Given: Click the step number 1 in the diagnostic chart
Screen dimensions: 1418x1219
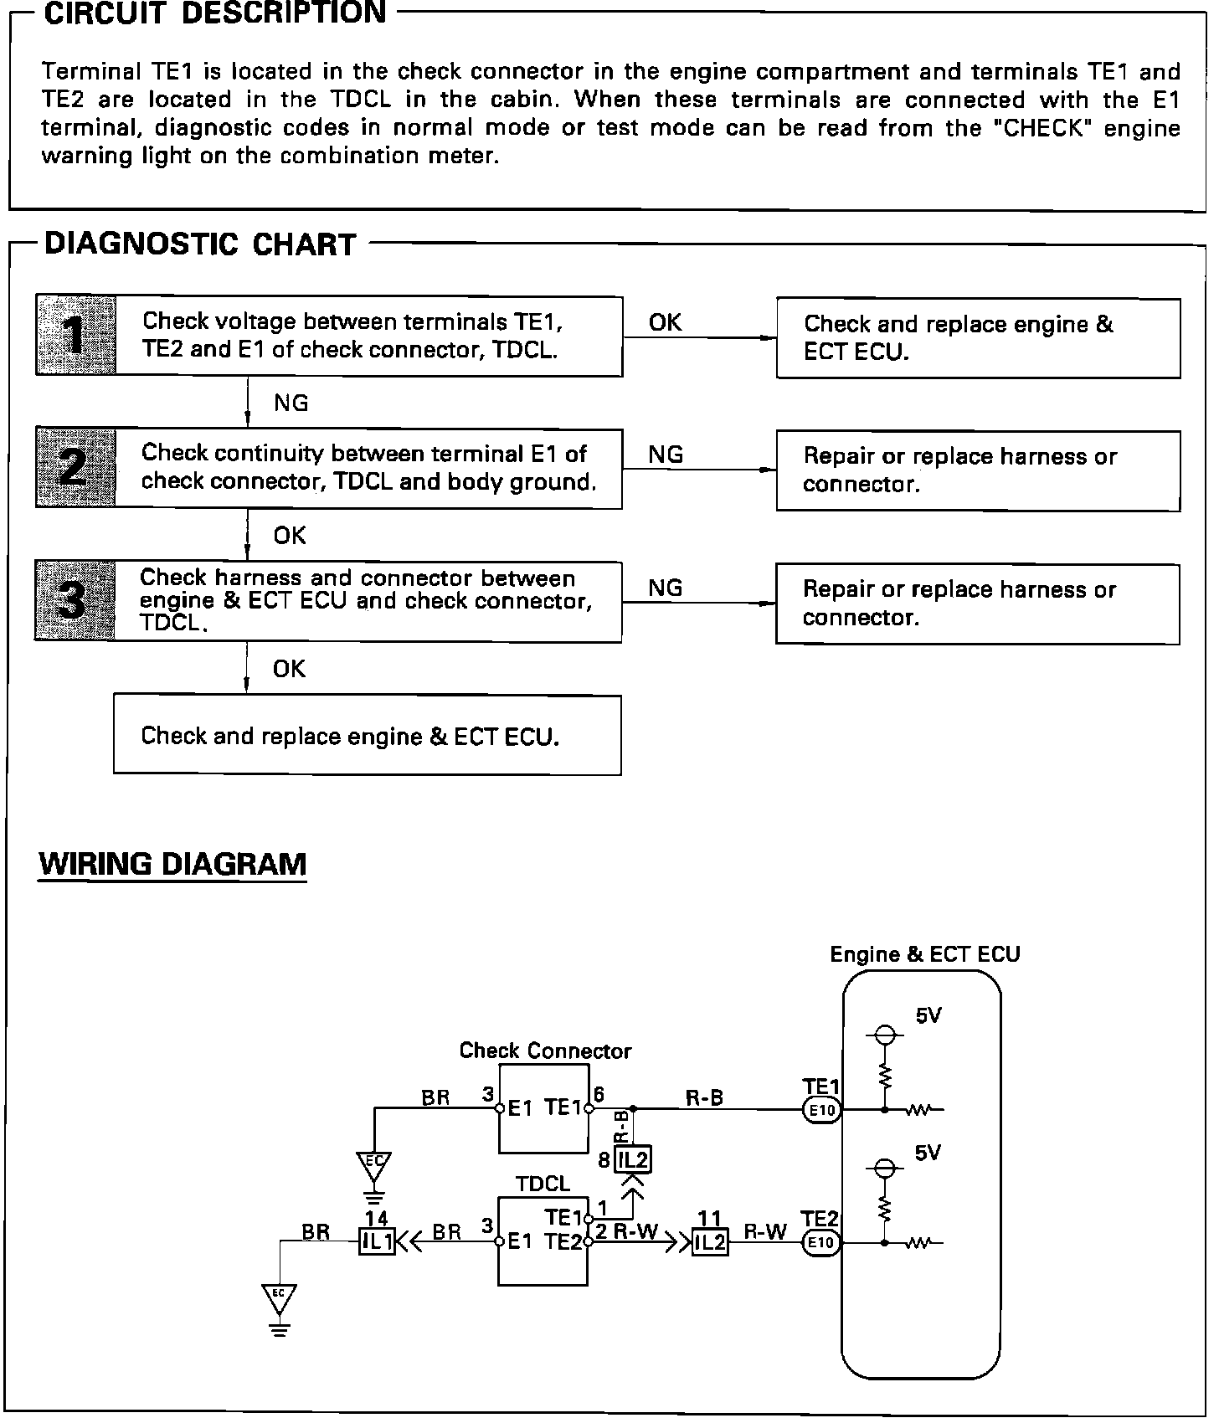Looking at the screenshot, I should pyautogui.click(x=76, y=335).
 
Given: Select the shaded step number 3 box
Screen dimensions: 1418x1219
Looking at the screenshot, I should pyautogui.click(x=75, y=601).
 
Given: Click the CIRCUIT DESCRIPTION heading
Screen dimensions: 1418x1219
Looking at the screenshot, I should pyautogui.click(x=215, y=14).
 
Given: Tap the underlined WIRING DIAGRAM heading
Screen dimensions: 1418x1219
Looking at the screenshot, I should pyautogui.click(x=173, y=864).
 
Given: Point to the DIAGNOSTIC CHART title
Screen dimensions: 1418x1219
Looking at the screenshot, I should pyautogui.click(x=201, y=244).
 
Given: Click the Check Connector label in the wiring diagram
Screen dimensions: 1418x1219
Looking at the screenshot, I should pyautogui.click(x=545, y=1051).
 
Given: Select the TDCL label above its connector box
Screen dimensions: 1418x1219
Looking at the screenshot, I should pyautogui.click(x=543, y=1184).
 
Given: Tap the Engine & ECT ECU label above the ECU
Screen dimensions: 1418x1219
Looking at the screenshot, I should pyautogui.click(x=924, y=954).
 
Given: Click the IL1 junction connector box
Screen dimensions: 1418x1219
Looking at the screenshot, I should pyautogui.click(x=377, y=1243).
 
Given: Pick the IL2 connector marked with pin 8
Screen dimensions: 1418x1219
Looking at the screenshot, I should pyautogui.click(x=633, y=1160).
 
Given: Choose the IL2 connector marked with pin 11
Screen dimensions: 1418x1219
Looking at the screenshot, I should pyautogui.click(x=710, y=1243).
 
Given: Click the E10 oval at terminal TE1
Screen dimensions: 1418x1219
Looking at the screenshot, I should pyautogui.click(x=821, y=1111).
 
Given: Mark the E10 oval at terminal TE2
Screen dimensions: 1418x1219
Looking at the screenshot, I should pyautogui.click(x=821, y=1243).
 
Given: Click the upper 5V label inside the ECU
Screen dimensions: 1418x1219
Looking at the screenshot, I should pyautogui.click(x=928, y=1016).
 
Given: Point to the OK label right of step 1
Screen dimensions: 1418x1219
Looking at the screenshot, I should pyautogui.click(x=665, y=322).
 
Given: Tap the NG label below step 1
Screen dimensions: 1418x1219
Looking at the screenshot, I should pyautogui.click(x=291, y=403).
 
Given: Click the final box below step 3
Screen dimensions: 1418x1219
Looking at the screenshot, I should pyautogui.click(x=367, y=735).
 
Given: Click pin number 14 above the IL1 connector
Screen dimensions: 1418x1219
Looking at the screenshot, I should pyautogui.click(x=377, y=1219).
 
